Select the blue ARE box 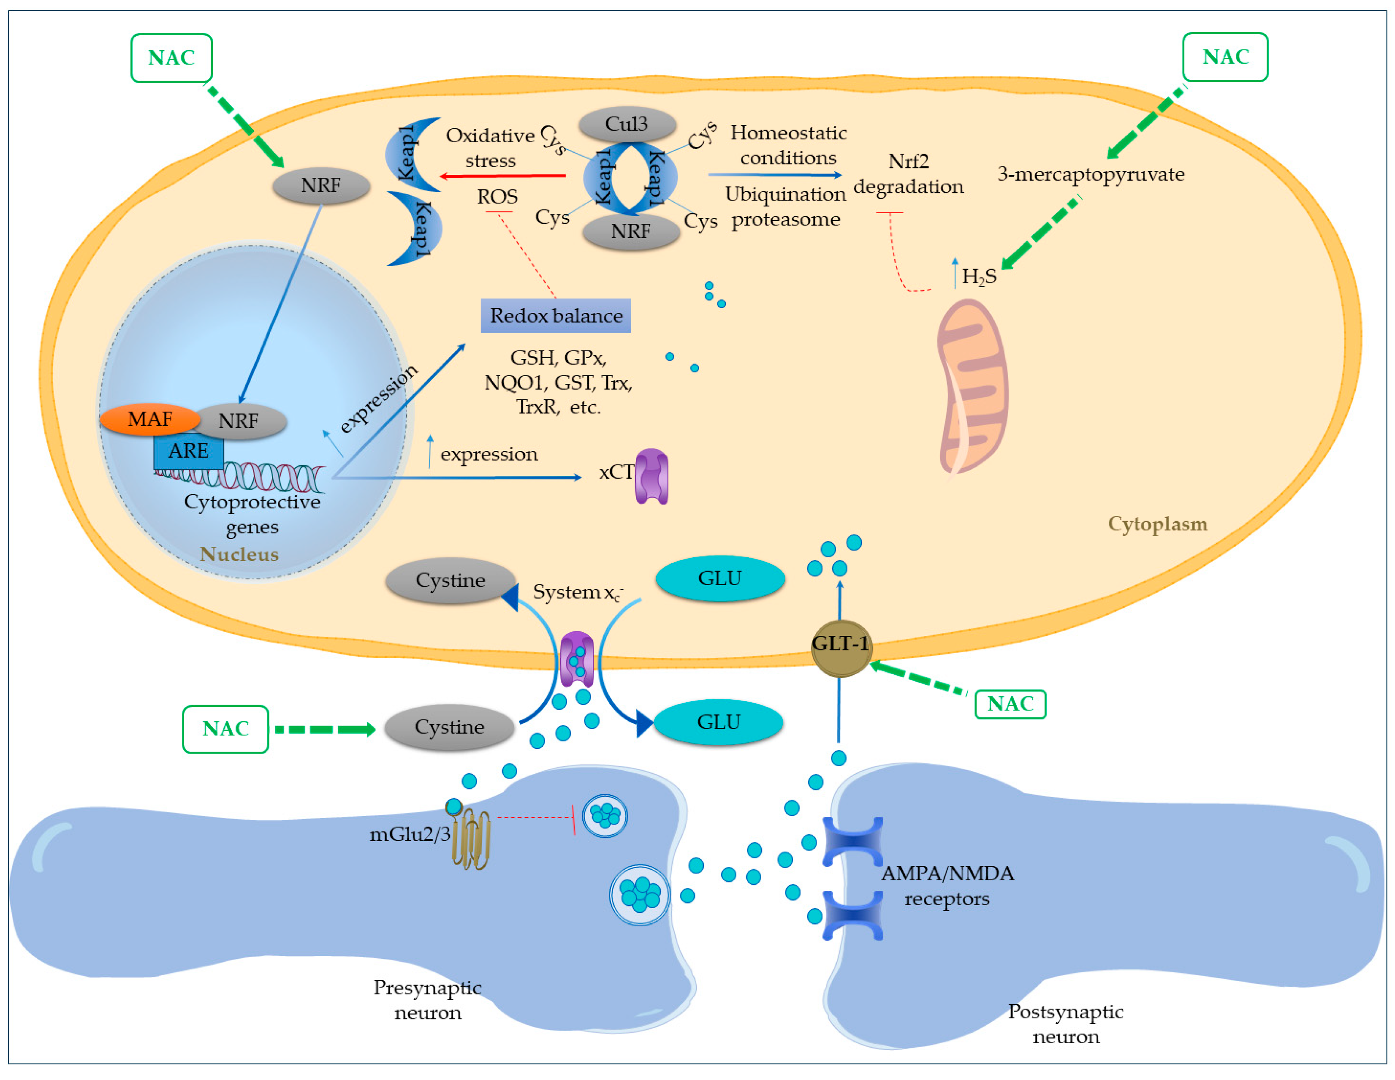(188, 451)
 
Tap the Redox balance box (556, 315)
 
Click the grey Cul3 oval (627, 124)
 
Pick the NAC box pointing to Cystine (225, 729)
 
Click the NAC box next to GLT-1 (1010, 704)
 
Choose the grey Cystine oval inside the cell (451, 581)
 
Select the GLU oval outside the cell (719, 722)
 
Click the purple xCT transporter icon (651, 476)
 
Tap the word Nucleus (239, 554)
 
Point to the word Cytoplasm (1157, 524)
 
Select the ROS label (497, 197)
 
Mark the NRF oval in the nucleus (239, 421)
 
